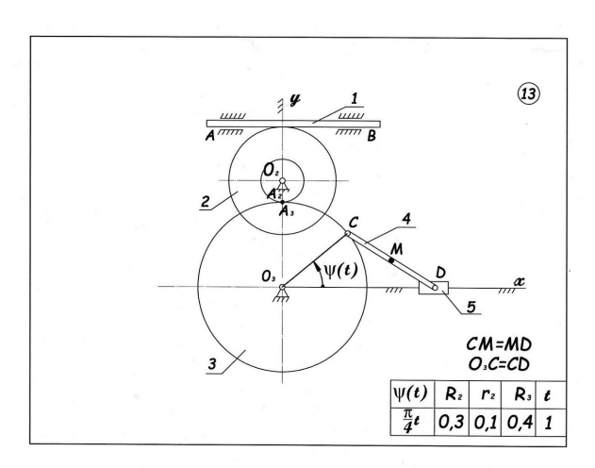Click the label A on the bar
[x=208, y=134]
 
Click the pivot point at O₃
[x=281, y=287]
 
